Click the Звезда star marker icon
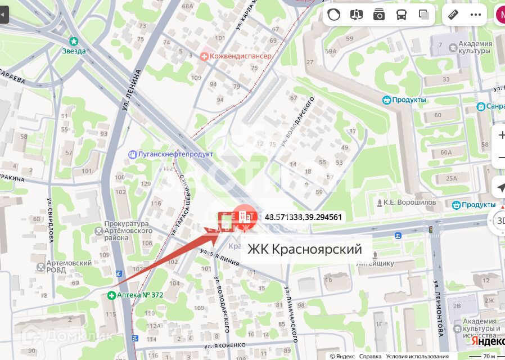[x=74, y=41]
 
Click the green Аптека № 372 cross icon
[x=112, y=295]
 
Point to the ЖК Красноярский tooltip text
[x=304, y=248]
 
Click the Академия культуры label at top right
[x=471, y=48]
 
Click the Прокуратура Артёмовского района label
[x=128, y=231]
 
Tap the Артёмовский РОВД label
[x=70, y=266]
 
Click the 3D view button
[x=499, y=220]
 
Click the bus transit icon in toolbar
[x=402, y=15]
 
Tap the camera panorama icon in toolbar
[x=379, y=15]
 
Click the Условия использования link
[x=418, y=356]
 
